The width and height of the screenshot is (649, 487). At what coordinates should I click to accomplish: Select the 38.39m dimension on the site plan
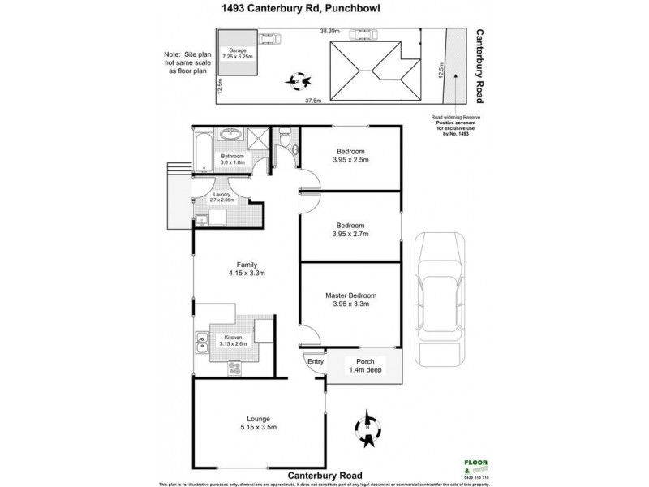click(329, 31)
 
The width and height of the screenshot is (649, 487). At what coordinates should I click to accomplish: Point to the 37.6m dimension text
click(314, 101)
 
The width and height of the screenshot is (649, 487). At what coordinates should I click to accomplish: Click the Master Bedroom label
click(351, 300)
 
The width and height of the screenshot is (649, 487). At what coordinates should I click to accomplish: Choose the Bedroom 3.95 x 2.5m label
click(351, 156)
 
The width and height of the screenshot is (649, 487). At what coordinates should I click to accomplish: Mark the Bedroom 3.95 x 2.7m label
click(351, 229)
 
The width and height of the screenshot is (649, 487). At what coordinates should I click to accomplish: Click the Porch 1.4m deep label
click(359, 366)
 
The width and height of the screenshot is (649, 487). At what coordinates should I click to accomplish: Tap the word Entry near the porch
click(312, 362)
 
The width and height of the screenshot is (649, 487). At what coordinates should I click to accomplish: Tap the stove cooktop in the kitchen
click(235, 368)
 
